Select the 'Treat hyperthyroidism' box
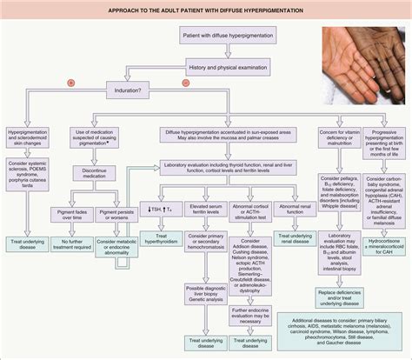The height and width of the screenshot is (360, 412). click(174, 238)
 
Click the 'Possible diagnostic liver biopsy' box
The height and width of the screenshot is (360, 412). click(213, 291)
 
